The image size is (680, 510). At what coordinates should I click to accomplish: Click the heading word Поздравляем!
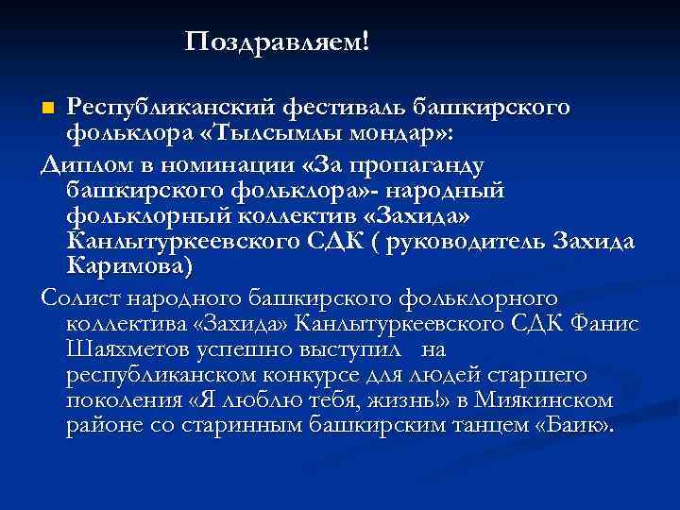pos(278,42)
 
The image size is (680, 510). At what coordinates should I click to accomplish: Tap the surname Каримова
pos(129,265)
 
